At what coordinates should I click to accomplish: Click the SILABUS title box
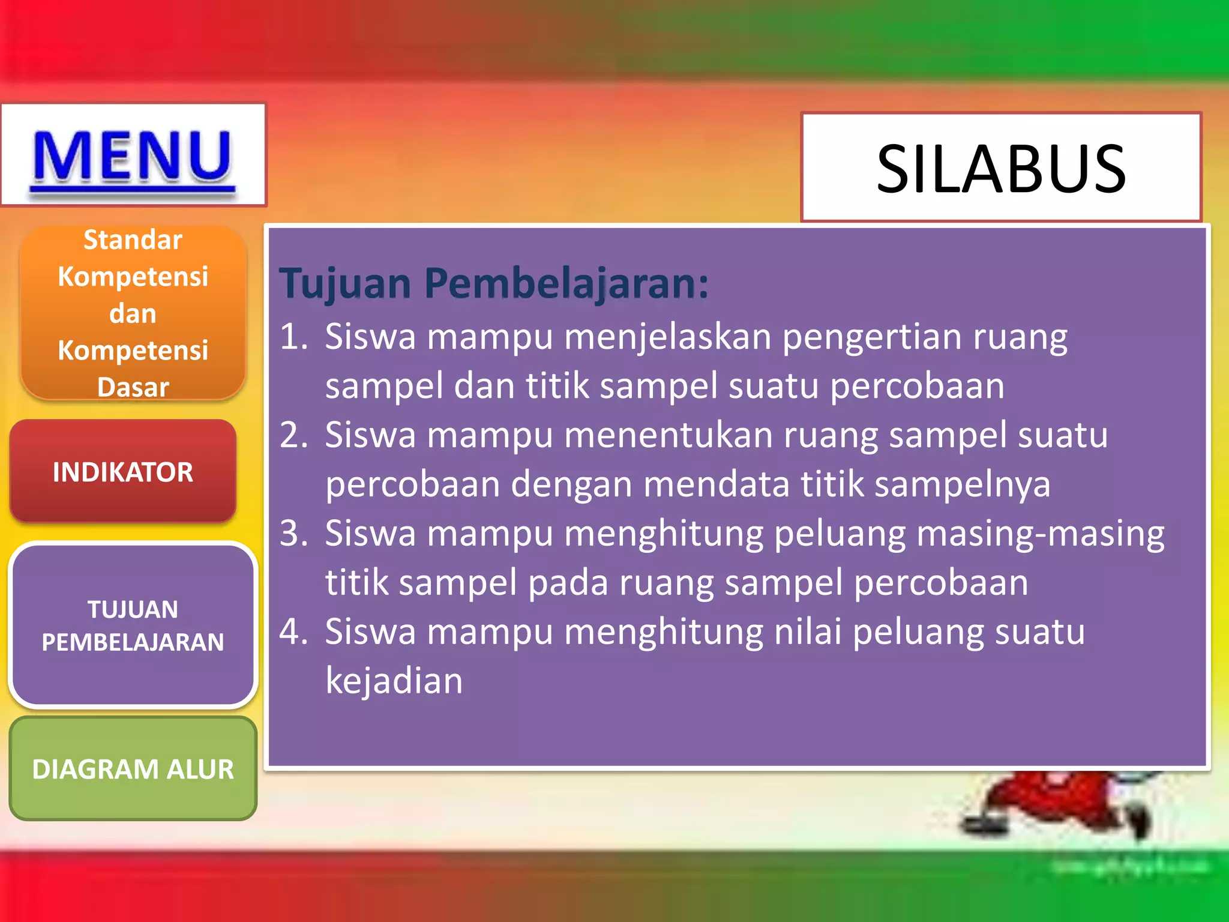click(1001, 169)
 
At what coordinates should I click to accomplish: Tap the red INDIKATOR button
click(123, 472)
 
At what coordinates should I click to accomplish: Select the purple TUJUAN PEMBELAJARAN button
click(133, 625)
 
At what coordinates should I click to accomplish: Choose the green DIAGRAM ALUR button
click(133, 769)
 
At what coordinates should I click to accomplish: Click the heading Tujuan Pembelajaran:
click(494, 283)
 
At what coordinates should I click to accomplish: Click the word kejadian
click(394, 681)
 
